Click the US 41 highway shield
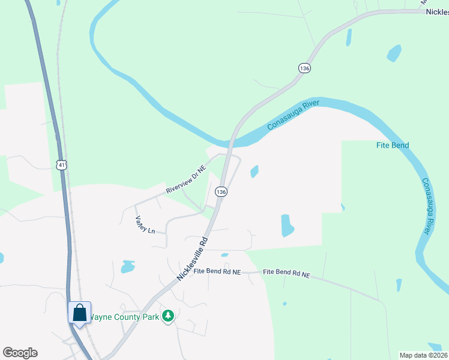[61, 164]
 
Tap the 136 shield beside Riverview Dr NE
[221, 191]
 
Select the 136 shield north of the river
[304, 68]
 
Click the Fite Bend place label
[393, 145]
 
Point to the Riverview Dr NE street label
[186, 179]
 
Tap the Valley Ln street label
[145, 224]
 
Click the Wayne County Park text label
[125, 317]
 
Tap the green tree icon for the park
[169, 316]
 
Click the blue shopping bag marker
[79, 313]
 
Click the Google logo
[20, 353]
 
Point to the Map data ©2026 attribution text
[423, 355]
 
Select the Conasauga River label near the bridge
[292, 115]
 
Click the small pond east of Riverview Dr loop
[255, 172]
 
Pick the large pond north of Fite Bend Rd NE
[288, 225]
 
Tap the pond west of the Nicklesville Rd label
[127, 266]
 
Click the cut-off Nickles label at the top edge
[436, 11]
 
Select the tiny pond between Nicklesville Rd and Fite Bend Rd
[224, 254]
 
